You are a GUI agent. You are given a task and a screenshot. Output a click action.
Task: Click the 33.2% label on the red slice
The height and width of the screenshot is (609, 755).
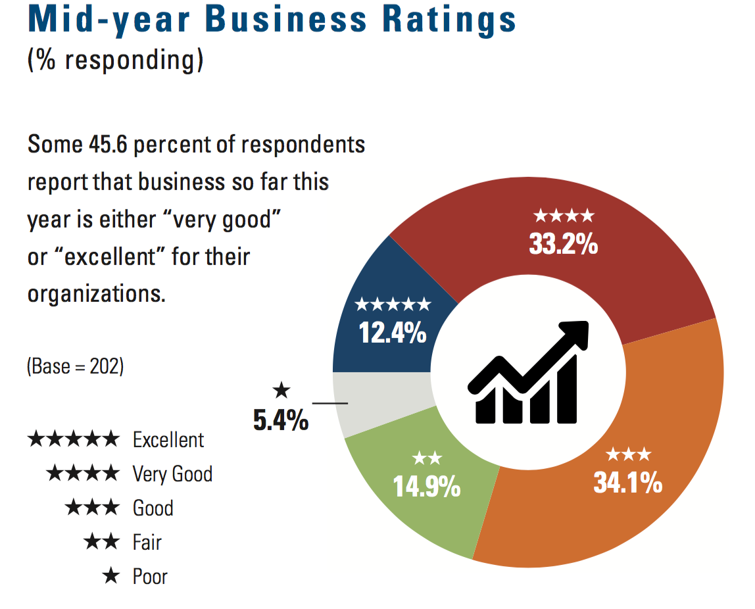coord(563,245)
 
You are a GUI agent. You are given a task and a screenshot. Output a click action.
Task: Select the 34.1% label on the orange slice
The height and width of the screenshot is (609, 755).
coord(627,483)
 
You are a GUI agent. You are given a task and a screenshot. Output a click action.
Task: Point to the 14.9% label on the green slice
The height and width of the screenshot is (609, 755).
coord(427,487)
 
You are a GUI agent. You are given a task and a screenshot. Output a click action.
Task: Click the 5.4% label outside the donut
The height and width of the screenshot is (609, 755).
coord(281,420)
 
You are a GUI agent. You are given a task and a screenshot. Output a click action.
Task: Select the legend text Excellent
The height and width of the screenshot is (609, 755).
coord(168,439)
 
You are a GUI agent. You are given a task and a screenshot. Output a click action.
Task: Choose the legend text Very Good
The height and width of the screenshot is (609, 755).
coord(172,474)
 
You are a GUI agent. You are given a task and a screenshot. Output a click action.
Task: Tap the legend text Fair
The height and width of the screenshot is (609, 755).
coord(147,543)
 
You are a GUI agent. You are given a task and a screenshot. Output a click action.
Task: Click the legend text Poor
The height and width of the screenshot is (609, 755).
coord(150,577)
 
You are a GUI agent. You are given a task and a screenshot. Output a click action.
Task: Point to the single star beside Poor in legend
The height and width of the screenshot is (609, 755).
coord(111,577)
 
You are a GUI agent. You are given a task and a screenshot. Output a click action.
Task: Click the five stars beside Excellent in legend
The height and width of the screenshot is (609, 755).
coord(74,439)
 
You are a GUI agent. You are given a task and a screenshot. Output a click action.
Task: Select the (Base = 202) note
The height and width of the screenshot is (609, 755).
coord(75,366)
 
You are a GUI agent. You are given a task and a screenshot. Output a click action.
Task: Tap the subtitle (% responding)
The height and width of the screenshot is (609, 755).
coord(116,60)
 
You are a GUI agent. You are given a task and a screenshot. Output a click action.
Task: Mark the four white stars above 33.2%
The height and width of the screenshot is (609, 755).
coord(564,216)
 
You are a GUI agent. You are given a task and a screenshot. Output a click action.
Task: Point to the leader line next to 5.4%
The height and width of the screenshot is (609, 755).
coord(329,402)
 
